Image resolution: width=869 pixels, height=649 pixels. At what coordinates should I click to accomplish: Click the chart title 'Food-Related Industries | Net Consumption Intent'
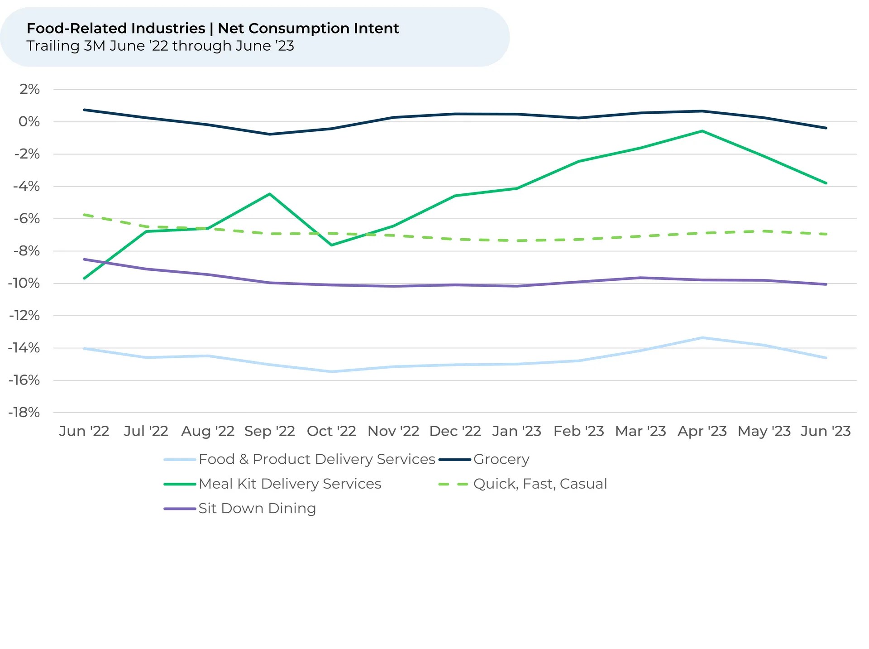point(213,29)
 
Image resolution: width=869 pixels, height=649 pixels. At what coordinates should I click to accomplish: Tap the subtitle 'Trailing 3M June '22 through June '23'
point(160,46)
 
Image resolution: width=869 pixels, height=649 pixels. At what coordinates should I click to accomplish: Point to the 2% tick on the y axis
point(29,89)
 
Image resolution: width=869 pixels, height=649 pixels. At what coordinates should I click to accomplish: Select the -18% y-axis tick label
point(24,412)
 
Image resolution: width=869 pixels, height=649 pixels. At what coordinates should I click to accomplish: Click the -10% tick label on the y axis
point(24,283)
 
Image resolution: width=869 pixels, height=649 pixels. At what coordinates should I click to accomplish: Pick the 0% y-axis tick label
point(29,121)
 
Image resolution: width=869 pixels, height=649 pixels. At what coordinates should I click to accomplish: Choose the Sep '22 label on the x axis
point(270,431)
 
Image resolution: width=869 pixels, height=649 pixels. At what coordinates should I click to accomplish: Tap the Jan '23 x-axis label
point(517,431)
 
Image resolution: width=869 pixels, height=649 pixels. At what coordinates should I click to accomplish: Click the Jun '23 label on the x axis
point(826,431)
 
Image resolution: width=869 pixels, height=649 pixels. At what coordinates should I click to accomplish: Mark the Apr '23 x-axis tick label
point(702,431)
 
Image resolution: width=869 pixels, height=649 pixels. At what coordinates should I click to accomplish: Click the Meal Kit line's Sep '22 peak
point(270,194)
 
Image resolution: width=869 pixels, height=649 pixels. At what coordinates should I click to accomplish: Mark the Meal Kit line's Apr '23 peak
point(702,131)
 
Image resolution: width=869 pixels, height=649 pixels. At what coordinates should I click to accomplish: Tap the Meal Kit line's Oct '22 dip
point(332,245)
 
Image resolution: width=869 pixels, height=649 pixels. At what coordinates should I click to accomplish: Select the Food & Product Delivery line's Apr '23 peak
point(702,337)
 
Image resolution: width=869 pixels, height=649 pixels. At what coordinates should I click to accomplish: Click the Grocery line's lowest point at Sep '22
point(270,134)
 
